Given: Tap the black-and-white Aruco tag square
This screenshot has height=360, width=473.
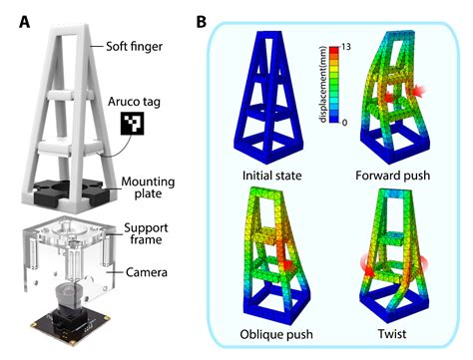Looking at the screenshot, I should click(132, 125).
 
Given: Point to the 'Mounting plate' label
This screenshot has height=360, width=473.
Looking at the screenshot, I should click(146, 188).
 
